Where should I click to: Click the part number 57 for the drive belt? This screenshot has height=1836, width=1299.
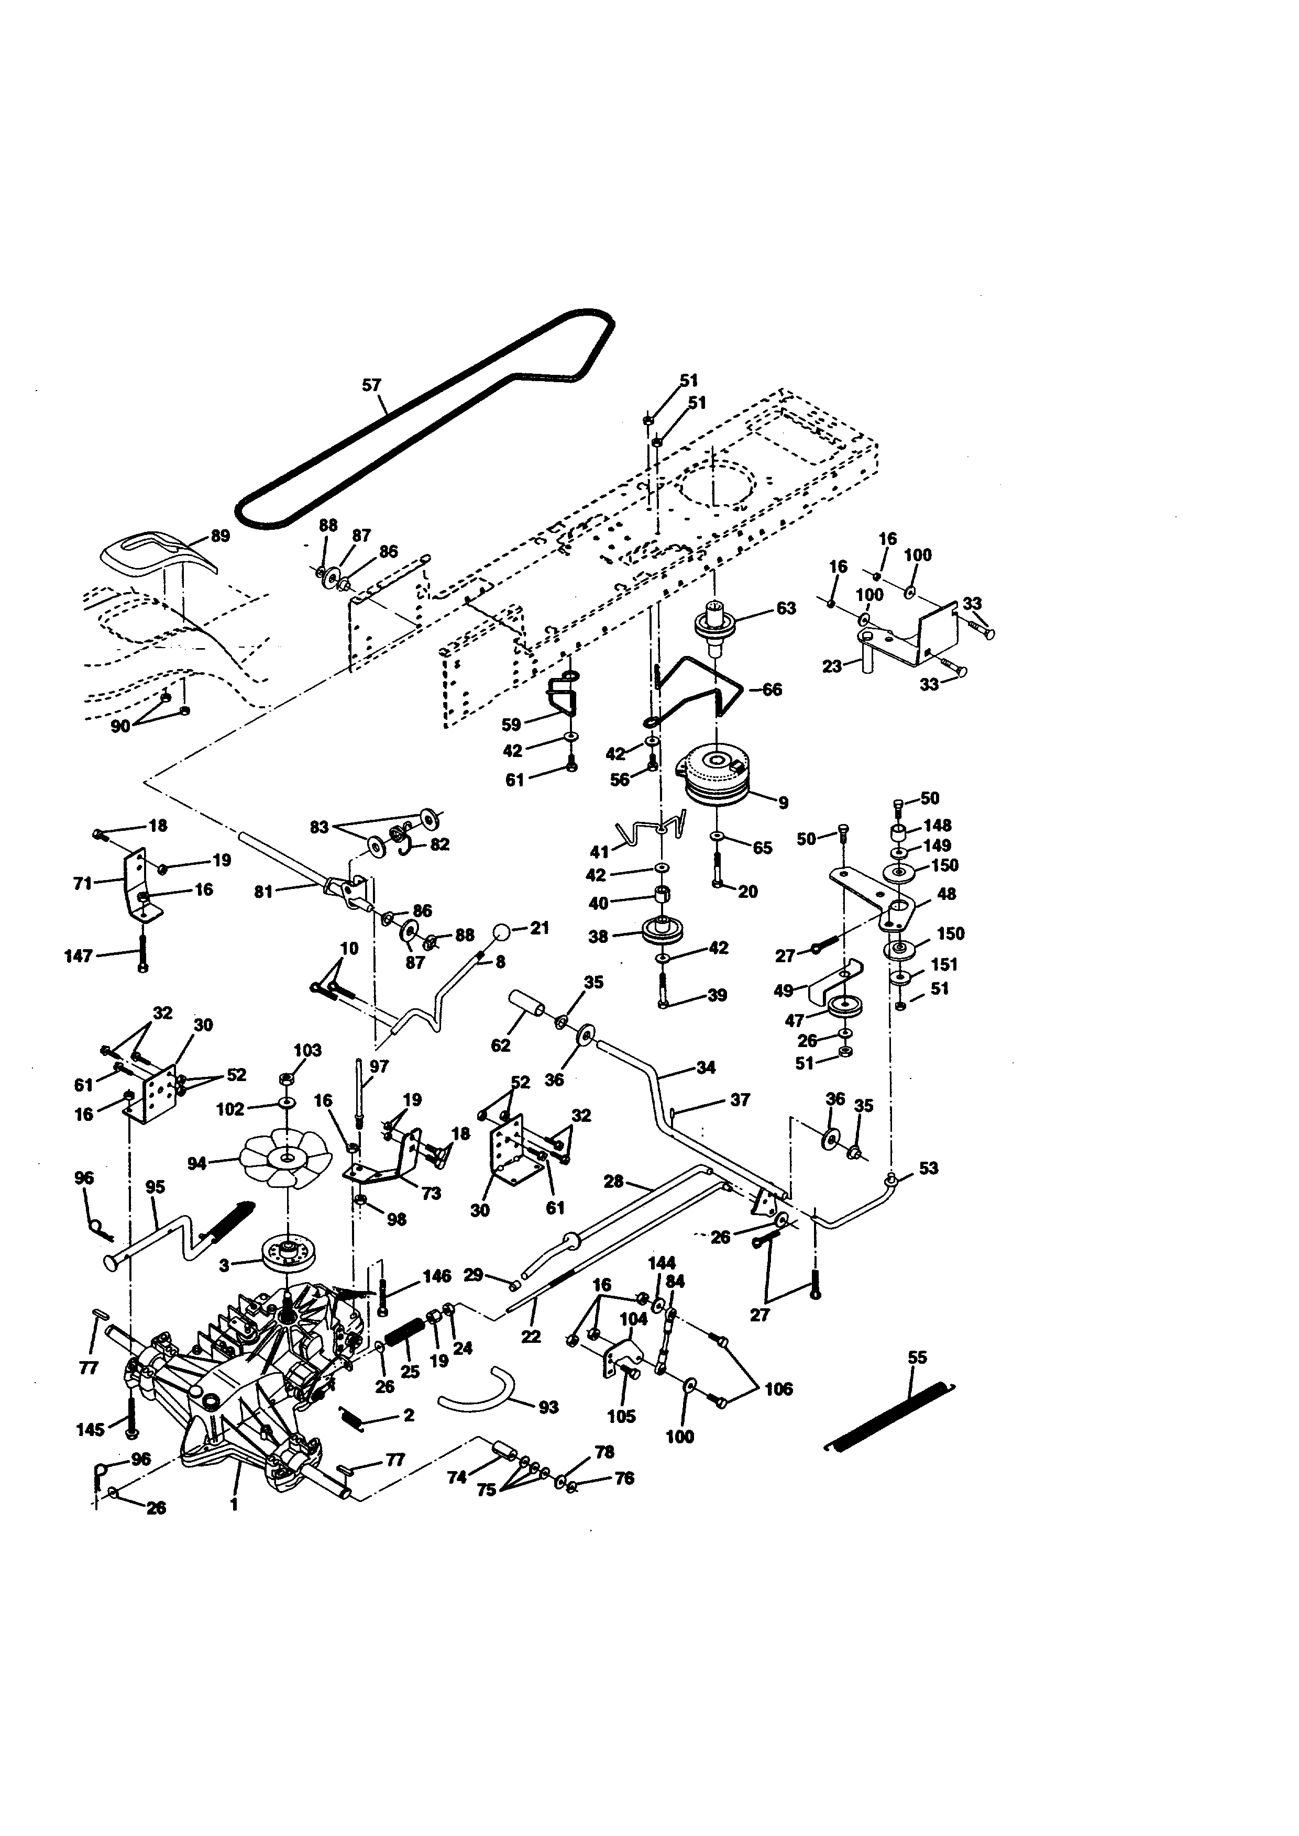(371, 385)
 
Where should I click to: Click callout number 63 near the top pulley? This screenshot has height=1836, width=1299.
(786, 608)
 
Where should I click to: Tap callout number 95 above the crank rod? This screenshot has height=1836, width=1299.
(155, 1187)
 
